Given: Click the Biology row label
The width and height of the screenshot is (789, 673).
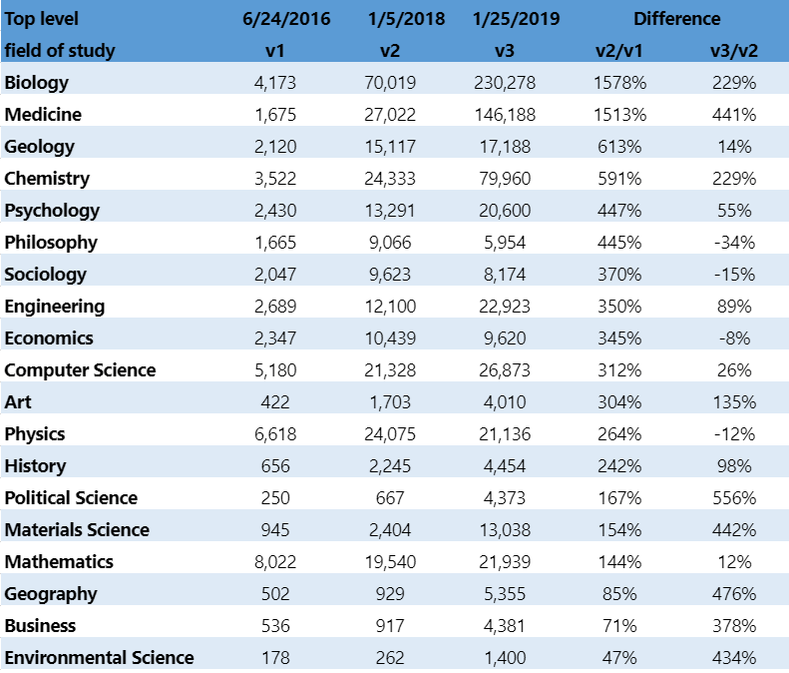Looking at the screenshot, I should pyautogui.click(x=36, y=83).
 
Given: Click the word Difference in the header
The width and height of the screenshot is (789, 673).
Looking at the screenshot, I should pyautogui.click(x=676, y=19).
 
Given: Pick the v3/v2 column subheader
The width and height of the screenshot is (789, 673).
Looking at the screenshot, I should pyautogui.click(x=733, y=51).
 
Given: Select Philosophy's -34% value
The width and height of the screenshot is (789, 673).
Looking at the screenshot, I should pyautogui.click(x=734, y=243).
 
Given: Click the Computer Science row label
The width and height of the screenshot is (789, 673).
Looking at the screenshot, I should pyautogui.click(x=80, y=370).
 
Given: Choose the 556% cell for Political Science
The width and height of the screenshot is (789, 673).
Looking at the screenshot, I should pyautogui.click(x=734, y=498).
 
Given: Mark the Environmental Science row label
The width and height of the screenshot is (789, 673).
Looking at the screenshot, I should pyautogui.click(x=99, y=658).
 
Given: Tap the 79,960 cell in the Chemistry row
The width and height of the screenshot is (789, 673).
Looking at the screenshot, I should pyautogui.click(x=506, y=179).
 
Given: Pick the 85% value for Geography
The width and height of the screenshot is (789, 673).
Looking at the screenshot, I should pyautogui.click(x=620, y=594).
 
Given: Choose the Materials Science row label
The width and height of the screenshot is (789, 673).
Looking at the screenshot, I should pyautogui.click(x=77, y=530).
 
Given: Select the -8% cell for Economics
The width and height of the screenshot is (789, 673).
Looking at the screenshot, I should pyautogui.click(x=738, y=338).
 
